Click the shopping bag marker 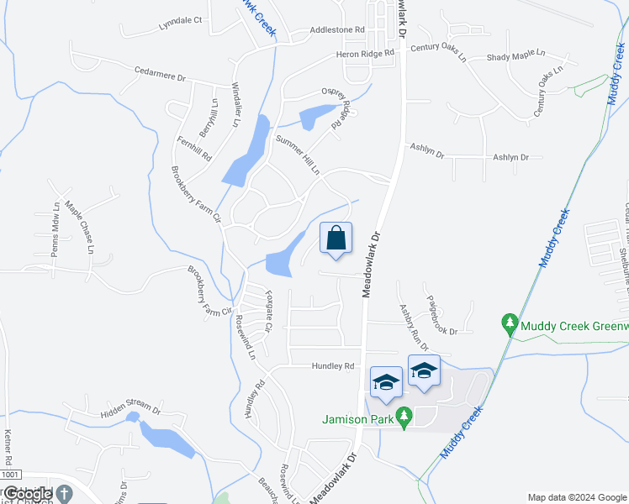click(x=336, y=239)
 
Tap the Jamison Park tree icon click(x=404, y=415)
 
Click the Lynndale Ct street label click(x=181, y=20)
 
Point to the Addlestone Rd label click(x=337, y=29)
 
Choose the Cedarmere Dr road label click(x=159, y=76)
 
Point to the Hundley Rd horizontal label click(x=335, y=366)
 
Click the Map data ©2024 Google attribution click(x=576, y=496)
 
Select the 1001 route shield click(x=11, y=475)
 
